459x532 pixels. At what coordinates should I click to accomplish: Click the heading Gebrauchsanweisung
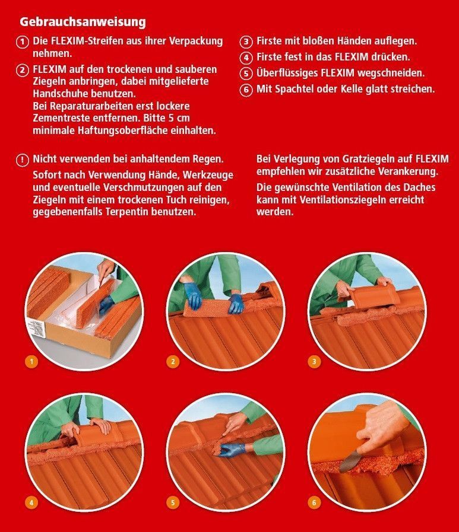click(83, 22)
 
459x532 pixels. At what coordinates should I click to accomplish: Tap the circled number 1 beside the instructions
click(23, 42)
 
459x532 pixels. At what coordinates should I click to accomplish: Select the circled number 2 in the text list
click(23, 70)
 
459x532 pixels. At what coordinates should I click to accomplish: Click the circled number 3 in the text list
click(246, 42)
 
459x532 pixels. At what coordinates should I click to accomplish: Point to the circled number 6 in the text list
click(246, 90)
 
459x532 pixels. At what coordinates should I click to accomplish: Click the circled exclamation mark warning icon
click(23, 160)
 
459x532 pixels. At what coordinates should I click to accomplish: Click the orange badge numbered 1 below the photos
click(31, 362)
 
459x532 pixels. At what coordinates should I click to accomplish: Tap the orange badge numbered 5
click(173, 502)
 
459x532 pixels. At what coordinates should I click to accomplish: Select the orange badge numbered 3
click(314, 362)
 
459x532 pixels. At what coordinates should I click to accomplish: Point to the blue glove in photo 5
click(230, 450)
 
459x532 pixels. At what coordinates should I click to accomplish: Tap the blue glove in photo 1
click(106, 304)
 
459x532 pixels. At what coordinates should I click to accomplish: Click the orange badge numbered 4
click(31, 502)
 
